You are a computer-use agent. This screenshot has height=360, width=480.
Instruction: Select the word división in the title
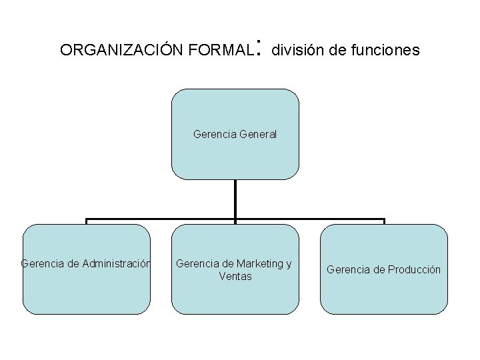tap(295, 50)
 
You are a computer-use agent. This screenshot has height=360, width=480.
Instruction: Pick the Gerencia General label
tap(235, 134)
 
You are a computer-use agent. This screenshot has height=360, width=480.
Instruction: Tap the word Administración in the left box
tap(117, 263)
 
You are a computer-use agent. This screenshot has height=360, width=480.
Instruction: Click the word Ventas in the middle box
tap(235, 275)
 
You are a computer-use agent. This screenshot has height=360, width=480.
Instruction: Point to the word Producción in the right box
tap(414, 269)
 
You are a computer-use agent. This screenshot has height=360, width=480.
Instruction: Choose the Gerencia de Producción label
tap(383, 269)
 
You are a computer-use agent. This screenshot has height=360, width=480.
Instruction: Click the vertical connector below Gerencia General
tap(235, 199)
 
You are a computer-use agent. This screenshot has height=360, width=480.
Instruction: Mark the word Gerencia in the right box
tap(347, 269)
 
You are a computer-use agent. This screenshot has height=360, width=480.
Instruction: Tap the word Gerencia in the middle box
tap(196, 263)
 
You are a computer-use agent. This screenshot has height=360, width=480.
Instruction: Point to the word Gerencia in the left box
tap(42, 263)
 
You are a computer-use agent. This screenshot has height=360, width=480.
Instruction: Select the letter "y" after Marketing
tap(289, 264)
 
